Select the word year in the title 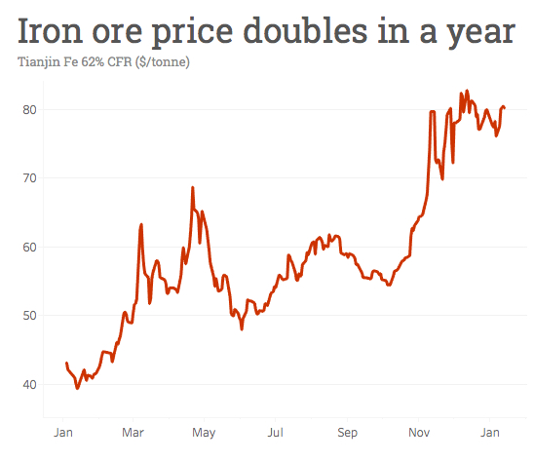[x=477, y=33]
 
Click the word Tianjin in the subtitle [x=40, y=63]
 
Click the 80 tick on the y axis [x=29, y=109]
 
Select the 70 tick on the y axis [x=29, y=177]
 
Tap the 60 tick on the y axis [x=29, y=247]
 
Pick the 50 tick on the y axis [x=29, y=315]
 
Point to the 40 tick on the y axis [x=29, y=384]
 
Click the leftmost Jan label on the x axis [x=61, y=431]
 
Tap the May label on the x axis [x=204, y=431]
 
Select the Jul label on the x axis [x=276, y=431]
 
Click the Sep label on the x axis [x=347, y=431]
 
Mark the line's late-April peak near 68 [x=193, y=187]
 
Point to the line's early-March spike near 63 [x=141, y=224]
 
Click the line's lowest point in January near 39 [x=77, y=388]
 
